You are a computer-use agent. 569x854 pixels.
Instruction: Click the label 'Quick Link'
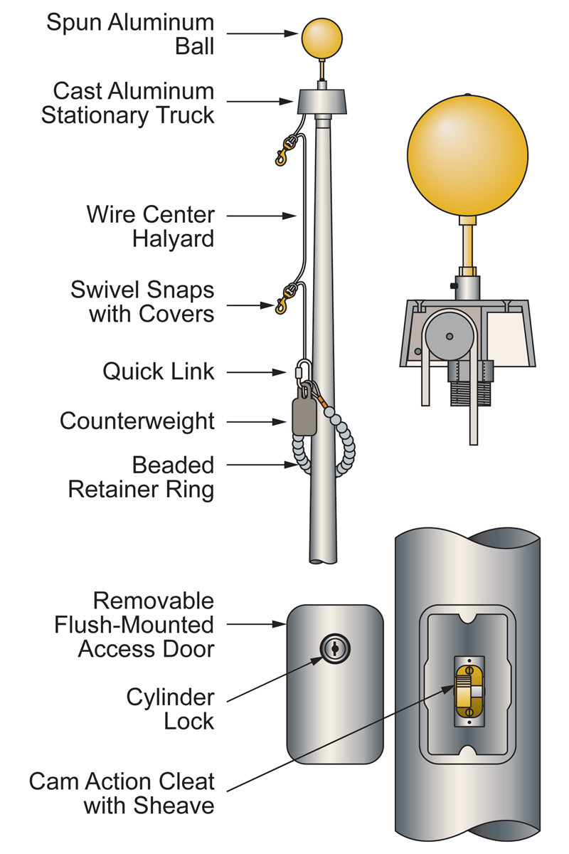pos(158,371)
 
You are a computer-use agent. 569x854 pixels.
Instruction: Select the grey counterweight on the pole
pos(304,416)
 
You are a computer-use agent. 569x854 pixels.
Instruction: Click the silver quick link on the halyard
pos(302,371)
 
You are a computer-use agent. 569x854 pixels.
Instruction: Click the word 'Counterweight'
pos(137,421)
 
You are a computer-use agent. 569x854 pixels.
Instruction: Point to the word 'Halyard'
pos(173,238)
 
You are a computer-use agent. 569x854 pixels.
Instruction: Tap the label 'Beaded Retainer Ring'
pos(141,477)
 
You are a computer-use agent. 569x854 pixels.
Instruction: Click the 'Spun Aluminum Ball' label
pos(130,33)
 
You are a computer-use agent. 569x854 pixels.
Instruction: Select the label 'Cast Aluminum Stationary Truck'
pos(127,102)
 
